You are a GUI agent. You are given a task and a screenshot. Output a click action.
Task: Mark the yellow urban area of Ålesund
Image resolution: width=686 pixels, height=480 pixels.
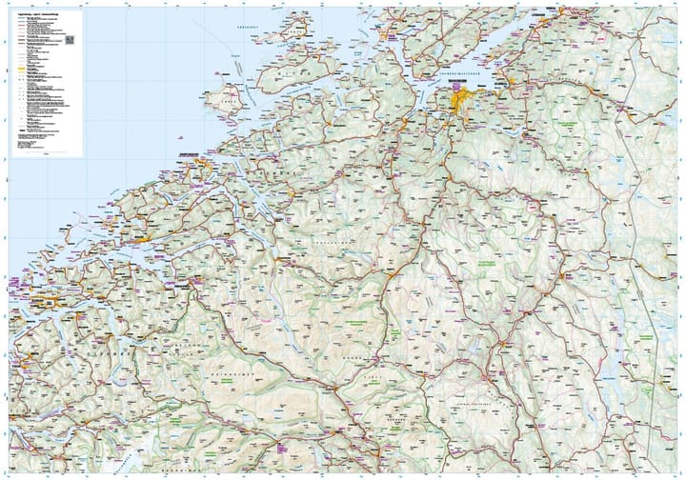coord(24,306)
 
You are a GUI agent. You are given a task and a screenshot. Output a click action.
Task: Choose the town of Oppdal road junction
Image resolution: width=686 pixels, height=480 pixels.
coord(390,275)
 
